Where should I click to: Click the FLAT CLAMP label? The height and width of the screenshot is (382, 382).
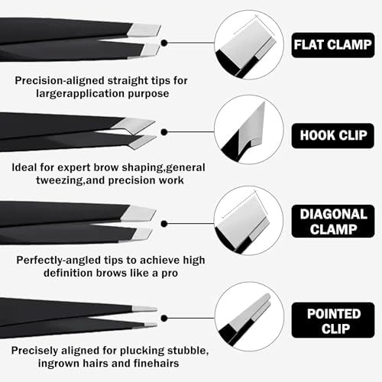pos(333,45)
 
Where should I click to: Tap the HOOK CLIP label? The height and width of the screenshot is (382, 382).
pos(333,136)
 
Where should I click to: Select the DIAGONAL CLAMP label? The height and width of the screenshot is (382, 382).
pos(333,222)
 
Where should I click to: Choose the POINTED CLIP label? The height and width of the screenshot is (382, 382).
pos(333,320)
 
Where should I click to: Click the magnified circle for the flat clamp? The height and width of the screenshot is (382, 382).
pos(249,44)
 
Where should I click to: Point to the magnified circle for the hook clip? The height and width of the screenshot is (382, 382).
pos(249,130)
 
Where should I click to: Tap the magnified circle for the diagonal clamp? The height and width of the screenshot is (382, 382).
pos(249,221)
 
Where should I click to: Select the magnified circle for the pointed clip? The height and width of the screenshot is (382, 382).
pos(249,316)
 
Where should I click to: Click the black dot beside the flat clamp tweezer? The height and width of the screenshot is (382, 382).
pos(164,43)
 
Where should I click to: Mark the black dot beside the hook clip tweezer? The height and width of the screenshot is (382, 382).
pos(164,132)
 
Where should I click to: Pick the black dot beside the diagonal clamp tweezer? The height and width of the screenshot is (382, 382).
pos(164,224)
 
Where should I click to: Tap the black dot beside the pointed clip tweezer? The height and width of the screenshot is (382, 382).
pos(164,318)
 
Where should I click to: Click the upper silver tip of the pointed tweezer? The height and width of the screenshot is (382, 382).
pos(144,309)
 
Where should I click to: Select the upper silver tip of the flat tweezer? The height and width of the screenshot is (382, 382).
pos(144,31)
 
